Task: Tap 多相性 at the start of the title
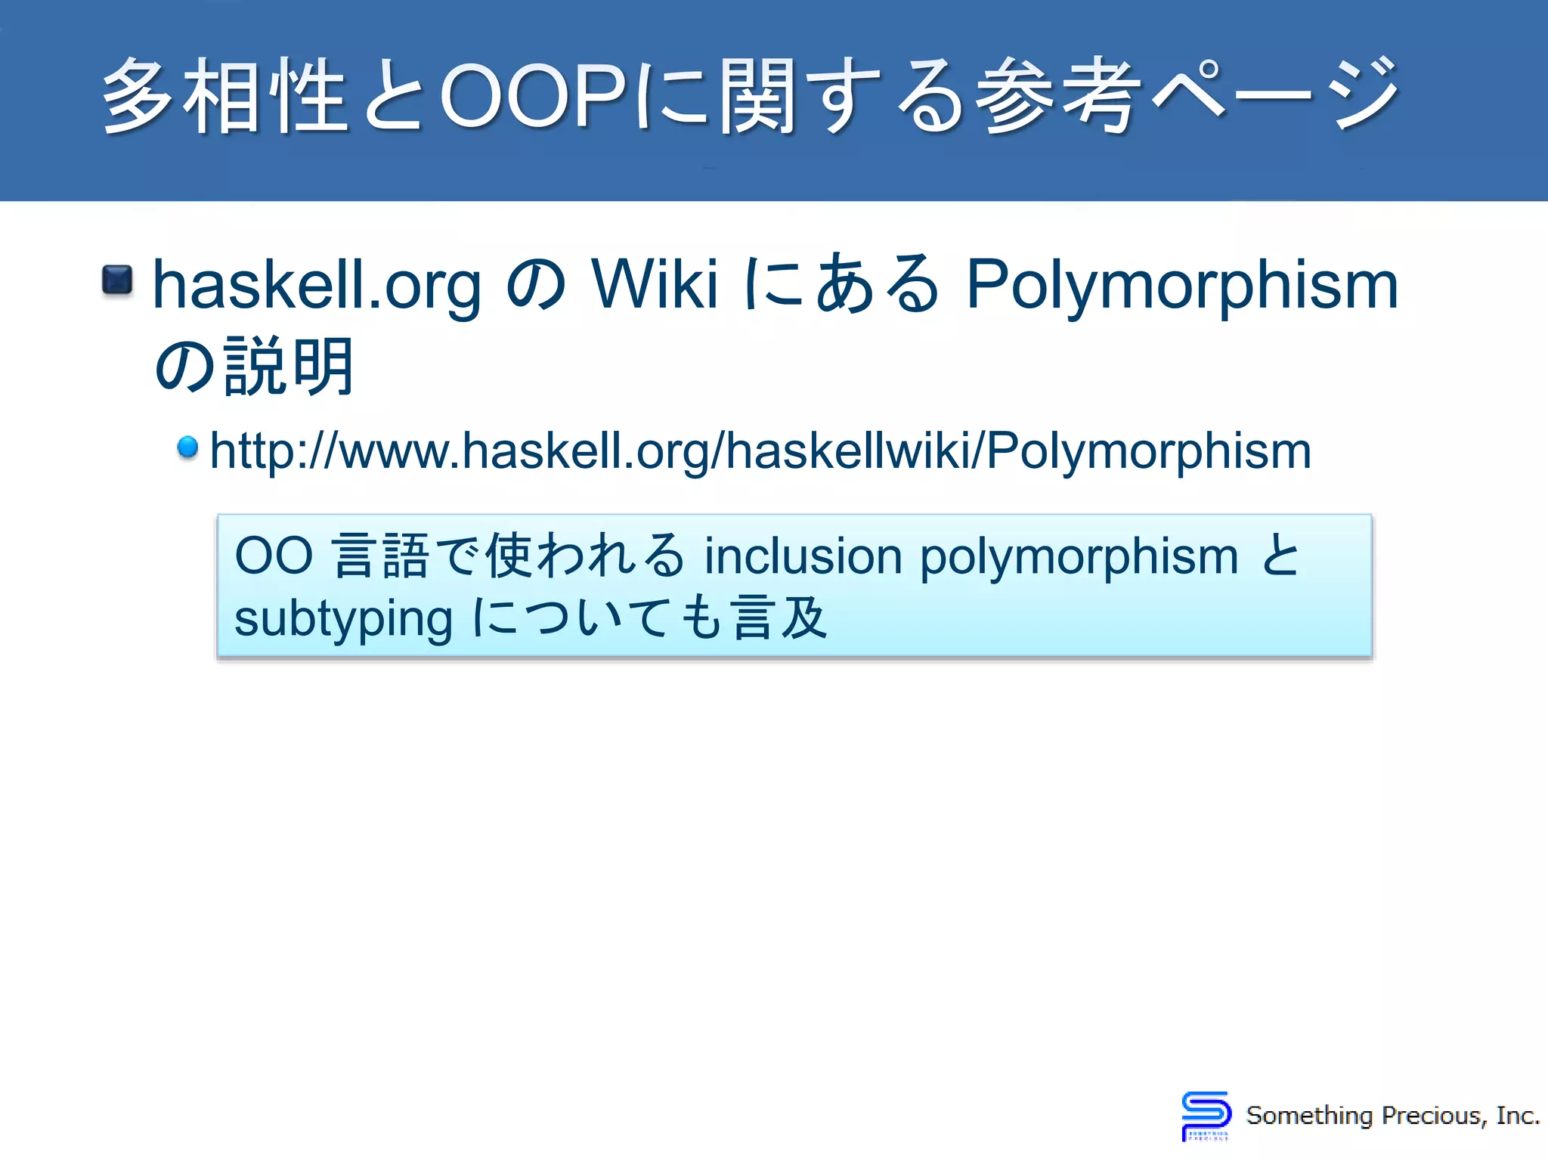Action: pos(224,96)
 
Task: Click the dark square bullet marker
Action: pos(117,280)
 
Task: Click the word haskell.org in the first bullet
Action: pos(317,286)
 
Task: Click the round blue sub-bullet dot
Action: pos(187,447)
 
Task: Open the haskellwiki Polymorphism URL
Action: pos(760,451)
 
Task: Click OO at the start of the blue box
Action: pos(273,556)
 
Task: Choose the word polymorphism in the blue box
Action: pos(1079,558)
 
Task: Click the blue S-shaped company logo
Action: pos(1206,1115)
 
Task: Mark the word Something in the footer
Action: pos(1309,1116)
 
